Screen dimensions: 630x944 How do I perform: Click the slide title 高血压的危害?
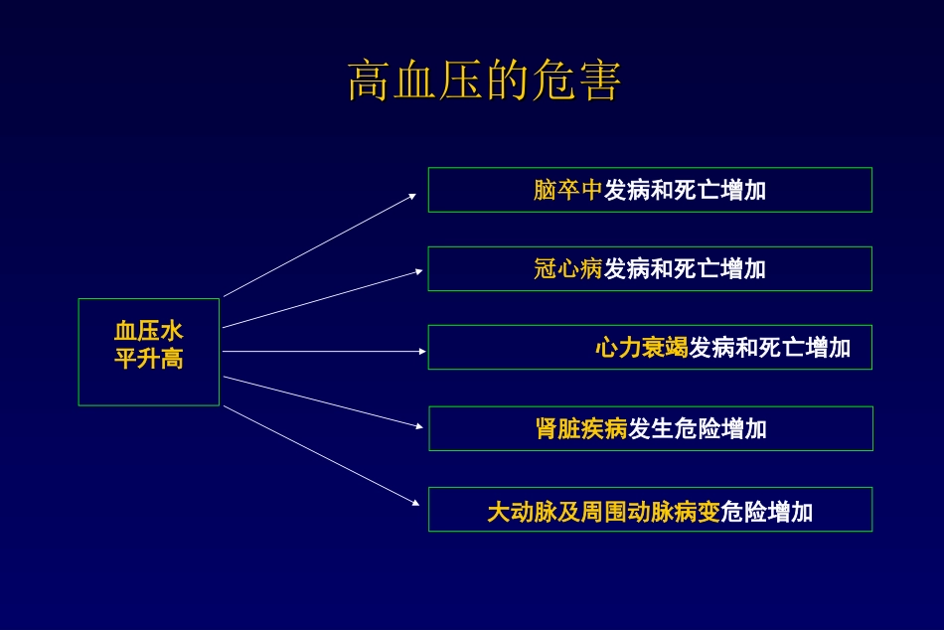point(484,81)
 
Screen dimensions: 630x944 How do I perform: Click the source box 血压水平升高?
point(149,352)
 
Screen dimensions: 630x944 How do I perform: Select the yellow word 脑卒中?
point(568,190)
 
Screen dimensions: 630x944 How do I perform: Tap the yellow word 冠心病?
point(568,269)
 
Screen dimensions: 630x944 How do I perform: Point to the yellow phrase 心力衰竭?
point(642,348)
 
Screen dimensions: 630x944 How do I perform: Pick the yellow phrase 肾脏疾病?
point(581,429)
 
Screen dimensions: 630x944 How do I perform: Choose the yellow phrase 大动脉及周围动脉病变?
point(603,513)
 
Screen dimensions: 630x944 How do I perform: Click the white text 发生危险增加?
point(698,429)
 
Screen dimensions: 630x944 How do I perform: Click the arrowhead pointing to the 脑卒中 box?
point(412,196)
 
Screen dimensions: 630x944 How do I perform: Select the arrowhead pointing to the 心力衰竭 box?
point(422,351)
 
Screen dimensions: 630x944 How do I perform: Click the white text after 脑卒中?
point(685,190)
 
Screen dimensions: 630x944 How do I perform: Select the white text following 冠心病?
point(685,269)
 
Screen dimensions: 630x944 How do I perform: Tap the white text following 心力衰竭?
point(770,348)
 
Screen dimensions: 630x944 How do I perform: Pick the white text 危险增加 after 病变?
point(767,513)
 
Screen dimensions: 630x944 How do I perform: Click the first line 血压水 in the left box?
point(149,332)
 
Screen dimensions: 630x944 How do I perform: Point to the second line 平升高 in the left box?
point(149,359)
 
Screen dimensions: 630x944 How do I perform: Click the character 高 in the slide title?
point(367,81)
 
